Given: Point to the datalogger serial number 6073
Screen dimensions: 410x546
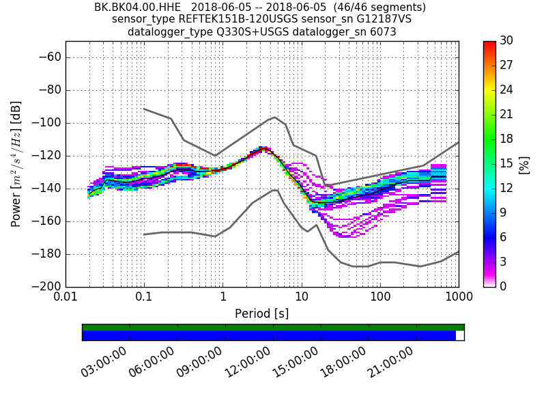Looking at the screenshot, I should [381, 31].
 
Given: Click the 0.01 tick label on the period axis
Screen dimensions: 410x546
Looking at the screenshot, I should [66, 299].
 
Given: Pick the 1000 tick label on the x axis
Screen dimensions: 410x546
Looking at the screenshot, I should [458, 299].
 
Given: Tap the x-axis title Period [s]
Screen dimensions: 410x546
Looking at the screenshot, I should [262, 314].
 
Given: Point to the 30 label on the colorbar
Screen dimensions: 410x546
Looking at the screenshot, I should [506, 41].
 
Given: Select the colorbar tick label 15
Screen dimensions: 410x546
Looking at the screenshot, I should [506, 163].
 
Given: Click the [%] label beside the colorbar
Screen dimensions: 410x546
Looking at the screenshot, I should [524, 164].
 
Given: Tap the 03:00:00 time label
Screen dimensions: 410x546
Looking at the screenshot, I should [104, 362].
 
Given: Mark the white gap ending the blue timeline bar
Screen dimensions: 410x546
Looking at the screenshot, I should [460, 336].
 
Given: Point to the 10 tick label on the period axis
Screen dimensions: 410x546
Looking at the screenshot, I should [302, 299].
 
